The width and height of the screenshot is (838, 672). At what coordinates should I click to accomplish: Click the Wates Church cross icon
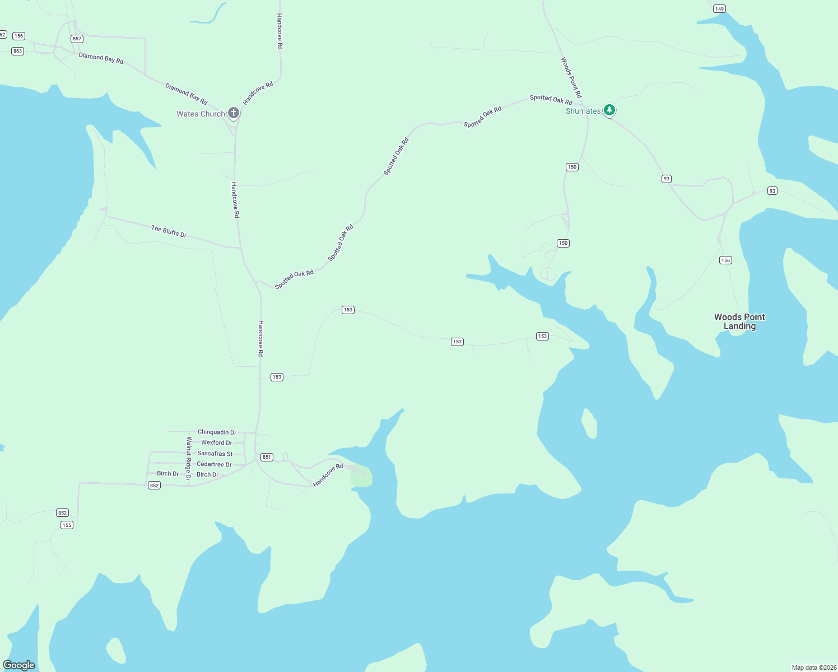pos(234,113)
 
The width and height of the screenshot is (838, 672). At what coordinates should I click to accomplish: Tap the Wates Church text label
pos(201,114)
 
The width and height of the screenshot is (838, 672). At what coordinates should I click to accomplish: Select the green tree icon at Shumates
pos(609,110)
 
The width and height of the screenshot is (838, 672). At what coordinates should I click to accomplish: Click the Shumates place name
pos(583,111)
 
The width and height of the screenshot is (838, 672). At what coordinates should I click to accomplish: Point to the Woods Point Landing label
pos(739,321)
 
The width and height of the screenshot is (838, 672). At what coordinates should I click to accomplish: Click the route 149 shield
pos(719,8)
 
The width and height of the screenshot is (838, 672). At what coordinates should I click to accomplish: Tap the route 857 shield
pos(77,39)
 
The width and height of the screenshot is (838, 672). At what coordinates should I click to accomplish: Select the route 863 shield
pos(18,51)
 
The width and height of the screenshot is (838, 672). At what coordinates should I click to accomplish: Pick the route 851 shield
pos(267,457)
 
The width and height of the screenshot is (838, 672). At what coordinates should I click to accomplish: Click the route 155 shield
pos(67,525)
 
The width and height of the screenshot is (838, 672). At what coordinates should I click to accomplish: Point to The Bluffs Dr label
pos(169,231)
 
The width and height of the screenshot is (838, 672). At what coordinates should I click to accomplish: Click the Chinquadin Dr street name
pos(217,432)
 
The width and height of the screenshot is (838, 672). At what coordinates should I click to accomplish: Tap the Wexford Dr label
pos(217,442)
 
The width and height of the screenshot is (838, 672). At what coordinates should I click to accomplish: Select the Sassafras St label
pos(215,454)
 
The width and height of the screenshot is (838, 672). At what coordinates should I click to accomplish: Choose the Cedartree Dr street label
pos(214,464)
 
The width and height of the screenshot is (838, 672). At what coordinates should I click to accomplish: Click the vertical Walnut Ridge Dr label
pos(189,458)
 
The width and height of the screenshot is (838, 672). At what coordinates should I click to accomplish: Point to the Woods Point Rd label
pos(571,77)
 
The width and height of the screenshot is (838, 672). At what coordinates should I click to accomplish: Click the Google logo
pos(19,665)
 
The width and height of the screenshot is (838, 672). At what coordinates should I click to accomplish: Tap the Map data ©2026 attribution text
pos(814,668)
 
